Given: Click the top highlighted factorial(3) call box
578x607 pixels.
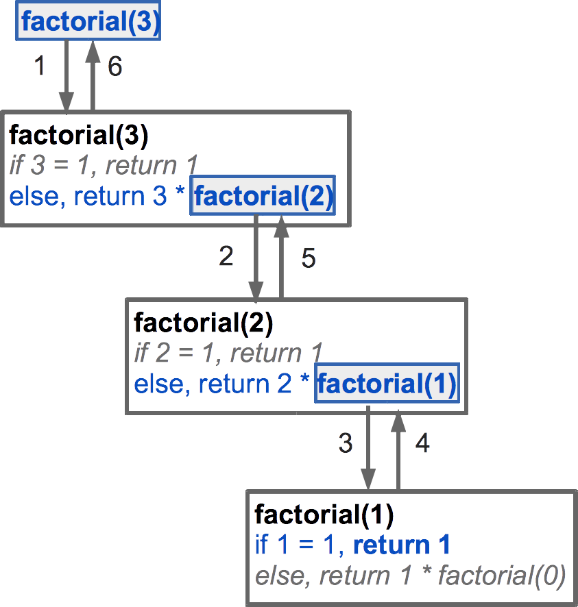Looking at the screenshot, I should coord(89,22).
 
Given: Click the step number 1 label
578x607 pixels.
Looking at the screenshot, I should coord(40,66).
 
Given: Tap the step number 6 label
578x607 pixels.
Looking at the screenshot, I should coord(115,66).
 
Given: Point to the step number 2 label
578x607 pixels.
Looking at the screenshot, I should coord(226,256).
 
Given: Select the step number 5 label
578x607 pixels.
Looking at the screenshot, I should coord(309,258).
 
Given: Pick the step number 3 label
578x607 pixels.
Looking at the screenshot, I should coord(346,443).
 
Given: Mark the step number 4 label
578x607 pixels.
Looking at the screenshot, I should coord(422,443).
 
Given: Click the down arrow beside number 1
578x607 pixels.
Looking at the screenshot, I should coord(67,75).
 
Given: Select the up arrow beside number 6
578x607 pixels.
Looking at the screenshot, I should coord(93,75).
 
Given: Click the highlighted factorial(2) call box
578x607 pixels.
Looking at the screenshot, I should coord(263,197).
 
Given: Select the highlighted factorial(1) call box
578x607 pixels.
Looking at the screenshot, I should coord(387,384).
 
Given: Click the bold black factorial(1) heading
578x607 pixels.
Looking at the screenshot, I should coord(324,513).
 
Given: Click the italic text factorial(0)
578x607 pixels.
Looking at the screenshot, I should coord(501,577).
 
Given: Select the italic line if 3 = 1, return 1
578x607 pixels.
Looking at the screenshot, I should coord(104,165).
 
